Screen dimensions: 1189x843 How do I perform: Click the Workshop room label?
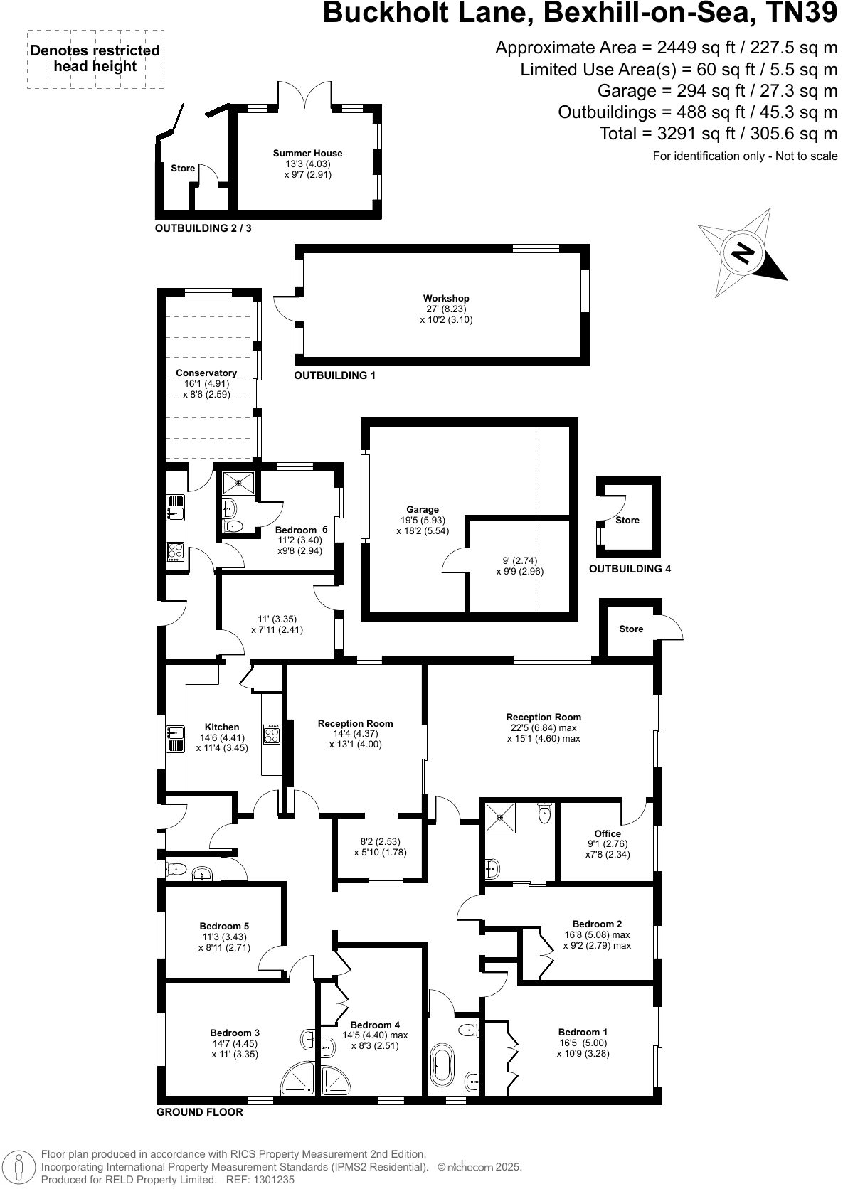(x=446, y=299)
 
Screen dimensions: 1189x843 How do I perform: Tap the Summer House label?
(x=307, y=153)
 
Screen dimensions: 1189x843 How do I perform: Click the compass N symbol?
(x=743, y=253)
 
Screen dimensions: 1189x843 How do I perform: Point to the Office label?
(x=607, y=833)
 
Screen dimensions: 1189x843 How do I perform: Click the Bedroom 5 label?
(x=224, y=926)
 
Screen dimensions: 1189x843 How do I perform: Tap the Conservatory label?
(x=206, y=373)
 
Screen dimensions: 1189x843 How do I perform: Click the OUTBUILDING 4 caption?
(x=630, y=569)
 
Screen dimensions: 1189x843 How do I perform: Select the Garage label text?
(x=423, y=509)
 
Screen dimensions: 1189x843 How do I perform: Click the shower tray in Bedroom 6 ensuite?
(x=238, y=483)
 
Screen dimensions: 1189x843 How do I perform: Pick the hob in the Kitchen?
(x=272, y=734)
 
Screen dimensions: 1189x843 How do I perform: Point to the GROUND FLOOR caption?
(x=200, y=1112)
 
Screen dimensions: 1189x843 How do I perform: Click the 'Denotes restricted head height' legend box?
(x=95, y=59)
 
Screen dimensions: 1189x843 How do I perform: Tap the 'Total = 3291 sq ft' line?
(x=719, y=133)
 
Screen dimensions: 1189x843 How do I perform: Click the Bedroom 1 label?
(x=583, y=1032)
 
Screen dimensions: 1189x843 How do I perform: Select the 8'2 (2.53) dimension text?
(x=380, y=841)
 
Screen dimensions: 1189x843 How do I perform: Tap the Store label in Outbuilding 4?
(x=627, y=520)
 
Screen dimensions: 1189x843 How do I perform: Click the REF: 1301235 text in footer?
(x=260, y=1179)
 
